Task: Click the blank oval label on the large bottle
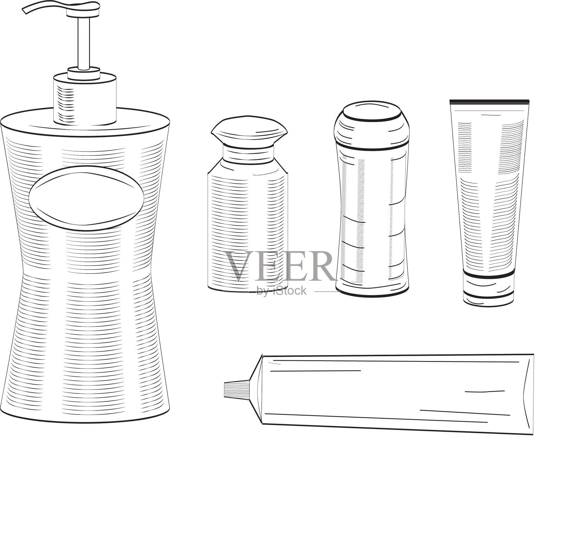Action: coord(86,198)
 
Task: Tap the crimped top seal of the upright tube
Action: coord(489,102)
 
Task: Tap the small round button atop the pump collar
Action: coord(84,73)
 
